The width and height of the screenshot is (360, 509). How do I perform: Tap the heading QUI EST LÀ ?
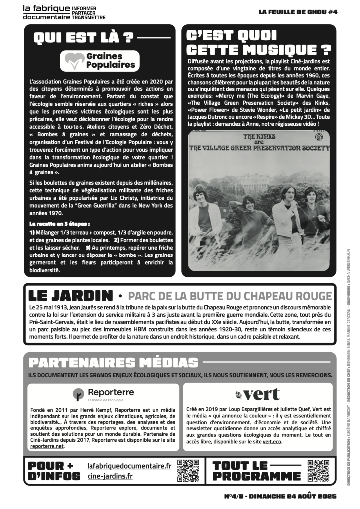pos(84,37)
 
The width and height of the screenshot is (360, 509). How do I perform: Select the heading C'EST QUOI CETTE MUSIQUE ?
pos(258,42)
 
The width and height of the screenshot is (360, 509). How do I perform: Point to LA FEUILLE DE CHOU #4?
pos(298,12)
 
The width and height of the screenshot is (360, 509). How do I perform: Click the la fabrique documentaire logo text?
pos(47,12)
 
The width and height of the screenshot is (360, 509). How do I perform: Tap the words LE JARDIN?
pos(71,295)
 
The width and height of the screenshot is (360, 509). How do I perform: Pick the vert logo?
pos(258,395)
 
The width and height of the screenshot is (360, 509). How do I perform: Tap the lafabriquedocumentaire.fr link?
pos(129,466)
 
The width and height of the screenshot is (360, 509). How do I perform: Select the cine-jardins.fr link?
pos(109,476)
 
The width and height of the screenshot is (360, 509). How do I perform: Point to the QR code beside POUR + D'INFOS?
pos(188,470)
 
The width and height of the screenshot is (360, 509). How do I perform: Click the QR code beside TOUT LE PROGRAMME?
pos(318,470)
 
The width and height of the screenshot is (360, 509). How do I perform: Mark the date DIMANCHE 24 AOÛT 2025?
pos(293,496)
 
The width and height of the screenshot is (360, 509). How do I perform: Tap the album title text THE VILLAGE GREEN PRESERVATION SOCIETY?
pos(258,148)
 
